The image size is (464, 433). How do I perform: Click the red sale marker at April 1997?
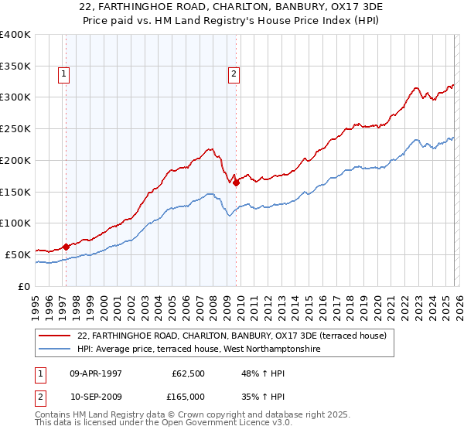click(66, 247)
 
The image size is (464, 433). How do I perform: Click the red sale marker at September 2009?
click(236, 182)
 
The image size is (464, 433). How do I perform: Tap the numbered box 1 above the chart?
click(63, 74)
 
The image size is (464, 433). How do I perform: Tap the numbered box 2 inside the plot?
click(233, 74)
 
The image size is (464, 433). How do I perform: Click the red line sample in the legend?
click(56, 336)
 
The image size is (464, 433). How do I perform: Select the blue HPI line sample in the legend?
click(56, 349)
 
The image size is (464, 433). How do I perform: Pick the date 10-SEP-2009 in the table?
click(96, 396)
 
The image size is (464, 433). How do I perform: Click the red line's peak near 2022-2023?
click(416, 88)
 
